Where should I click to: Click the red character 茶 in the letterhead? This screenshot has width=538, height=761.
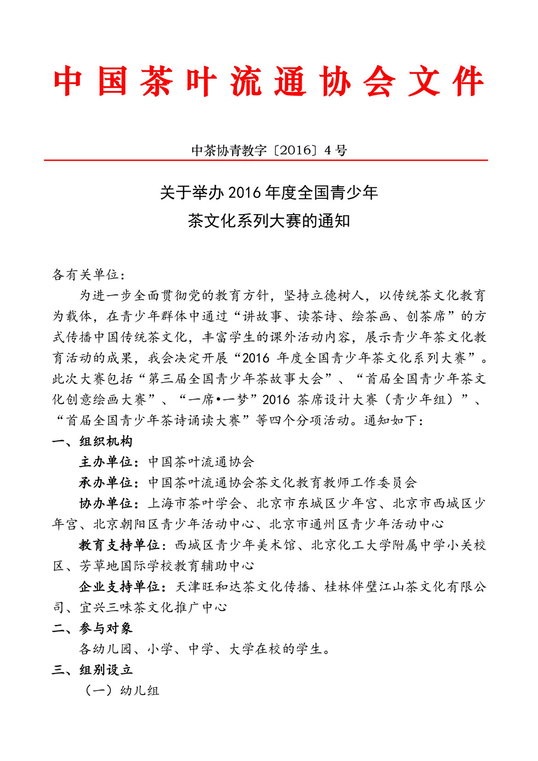[x=157, y=81]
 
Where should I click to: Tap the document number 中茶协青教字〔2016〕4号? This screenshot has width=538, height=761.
[x=269, y=150]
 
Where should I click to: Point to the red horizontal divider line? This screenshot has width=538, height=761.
[x=266, y=160]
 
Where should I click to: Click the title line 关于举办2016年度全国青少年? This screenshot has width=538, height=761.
[x=269, y=192]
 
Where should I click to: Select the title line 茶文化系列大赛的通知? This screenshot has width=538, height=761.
[x=269, y=221]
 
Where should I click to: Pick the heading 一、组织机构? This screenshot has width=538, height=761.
[x=92, y=441]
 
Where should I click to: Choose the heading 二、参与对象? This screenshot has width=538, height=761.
[x=92, y=628]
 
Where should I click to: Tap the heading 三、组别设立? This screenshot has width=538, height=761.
[x=92, y=669]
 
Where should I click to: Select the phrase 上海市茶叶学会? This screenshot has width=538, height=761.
[x=195, y=503]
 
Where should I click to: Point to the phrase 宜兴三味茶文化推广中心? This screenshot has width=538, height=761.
[x=153, y=607]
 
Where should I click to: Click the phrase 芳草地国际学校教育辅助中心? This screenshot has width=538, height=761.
[x=167, y=566]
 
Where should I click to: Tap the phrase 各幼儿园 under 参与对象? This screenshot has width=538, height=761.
[x=106, y=649]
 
